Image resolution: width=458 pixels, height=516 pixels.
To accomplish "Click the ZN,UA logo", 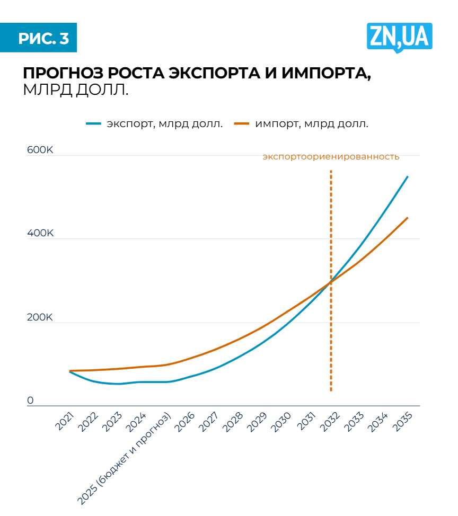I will coord(399,37).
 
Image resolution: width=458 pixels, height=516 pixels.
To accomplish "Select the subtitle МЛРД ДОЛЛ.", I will coord(76,90).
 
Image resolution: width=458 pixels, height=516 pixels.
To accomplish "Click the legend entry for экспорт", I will coord(154,124).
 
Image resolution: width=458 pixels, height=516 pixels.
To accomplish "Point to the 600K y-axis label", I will coord(40,150).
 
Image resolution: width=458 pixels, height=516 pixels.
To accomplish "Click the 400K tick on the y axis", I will coord(40,234).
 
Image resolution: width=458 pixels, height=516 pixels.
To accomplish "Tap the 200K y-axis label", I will coord(40,318).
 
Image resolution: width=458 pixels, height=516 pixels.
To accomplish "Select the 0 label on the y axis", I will coord(31,401).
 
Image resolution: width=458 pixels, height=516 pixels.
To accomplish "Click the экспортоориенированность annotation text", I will coord(331,157).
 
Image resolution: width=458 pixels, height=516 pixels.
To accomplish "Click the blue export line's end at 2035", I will coord(407,177).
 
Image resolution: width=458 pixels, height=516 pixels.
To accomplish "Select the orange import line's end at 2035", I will coord(407,218).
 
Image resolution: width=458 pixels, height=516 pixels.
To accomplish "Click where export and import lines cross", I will coord(331,282).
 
